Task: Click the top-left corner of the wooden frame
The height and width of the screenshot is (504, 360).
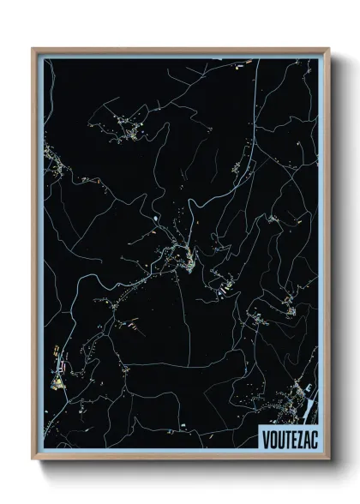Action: point(33,49)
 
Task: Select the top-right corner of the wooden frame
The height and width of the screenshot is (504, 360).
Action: point(328,49)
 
